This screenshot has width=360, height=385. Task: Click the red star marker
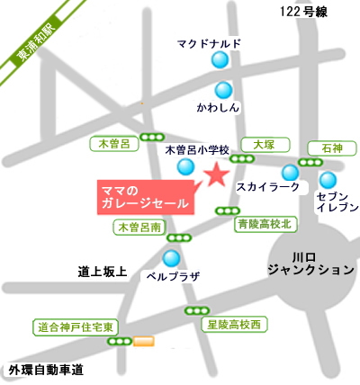(x=215, y=175)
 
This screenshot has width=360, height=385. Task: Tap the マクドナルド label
(x=209, y=42)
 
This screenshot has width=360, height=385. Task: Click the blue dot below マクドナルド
(x=220, y=61)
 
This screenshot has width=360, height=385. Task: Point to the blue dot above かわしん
(x=222, y=90)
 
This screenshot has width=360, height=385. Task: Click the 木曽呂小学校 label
(x=199, y=150)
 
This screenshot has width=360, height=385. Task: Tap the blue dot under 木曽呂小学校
(x=185, y=166)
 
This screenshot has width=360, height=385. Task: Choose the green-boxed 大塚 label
(x=263, y=143)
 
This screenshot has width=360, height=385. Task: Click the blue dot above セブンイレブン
(x=328, y=179)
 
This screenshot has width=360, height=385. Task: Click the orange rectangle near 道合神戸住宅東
(x=143, y=342)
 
